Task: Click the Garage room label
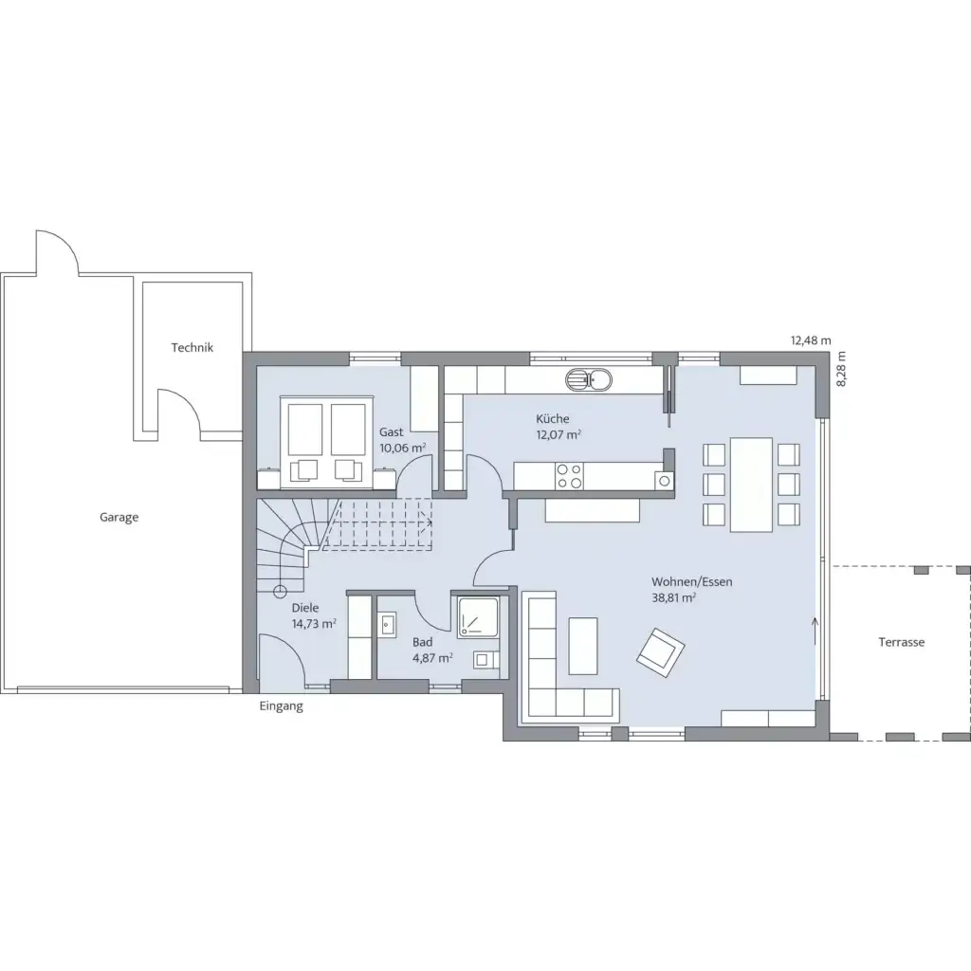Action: tap(119, 517)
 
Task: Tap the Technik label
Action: tap(192, 347)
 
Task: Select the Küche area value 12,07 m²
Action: tap(559, 434)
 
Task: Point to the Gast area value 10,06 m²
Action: tap(402, 448)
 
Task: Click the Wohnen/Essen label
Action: tap(691, 582)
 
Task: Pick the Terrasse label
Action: tap(901, 642)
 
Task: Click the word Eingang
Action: tap(281, 705)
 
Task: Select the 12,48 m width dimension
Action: tap(811, 340)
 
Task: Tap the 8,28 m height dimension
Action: tap(840, 369)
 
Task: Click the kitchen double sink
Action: tap(588, 379)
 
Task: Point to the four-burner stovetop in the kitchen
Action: tap(569, 476)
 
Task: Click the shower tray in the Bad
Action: tap(478, 617)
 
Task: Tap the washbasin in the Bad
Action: tap(388, 624)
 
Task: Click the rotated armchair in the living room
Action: tap(661, 652)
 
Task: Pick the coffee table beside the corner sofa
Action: tap(583, 645)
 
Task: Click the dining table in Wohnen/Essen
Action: tap(751, 485)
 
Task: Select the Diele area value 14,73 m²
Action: tap(314, 624)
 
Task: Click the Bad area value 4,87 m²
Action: tap(432, 658)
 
